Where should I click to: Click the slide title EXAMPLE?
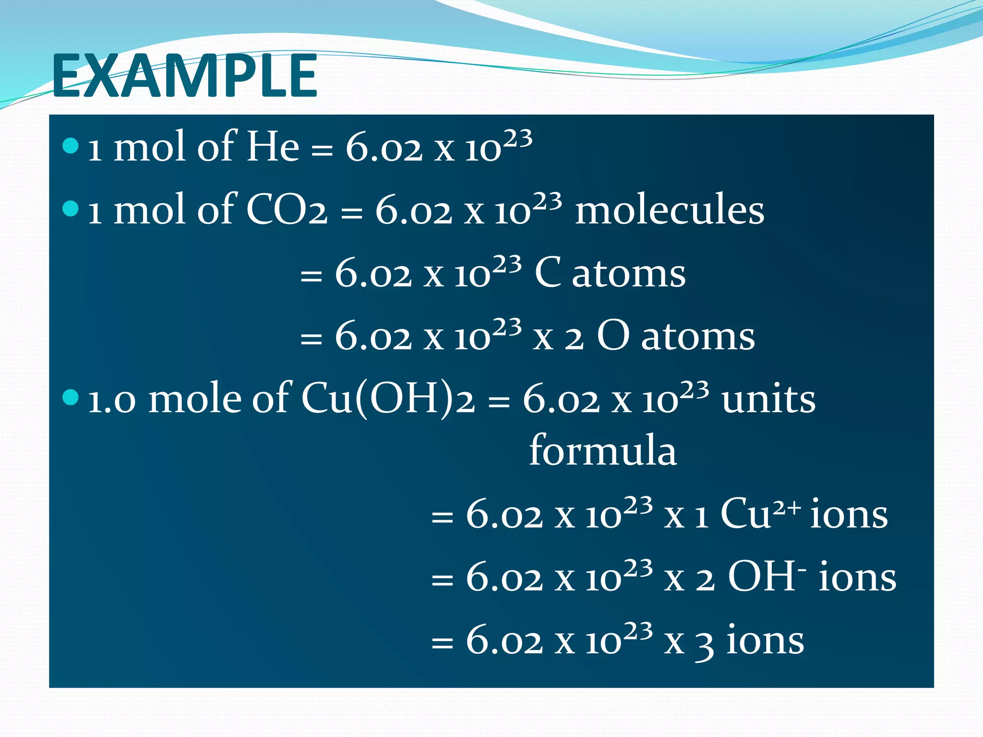tap(184, 75)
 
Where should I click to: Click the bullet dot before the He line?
tap(71, 145)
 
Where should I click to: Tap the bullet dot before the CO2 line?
tap(71, 208)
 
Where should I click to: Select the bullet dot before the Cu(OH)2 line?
tap(71, 397)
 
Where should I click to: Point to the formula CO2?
tap(287, 210)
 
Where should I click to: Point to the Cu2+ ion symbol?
tap(760, 513)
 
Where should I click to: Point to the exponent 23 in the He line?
tap(518, 139)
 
